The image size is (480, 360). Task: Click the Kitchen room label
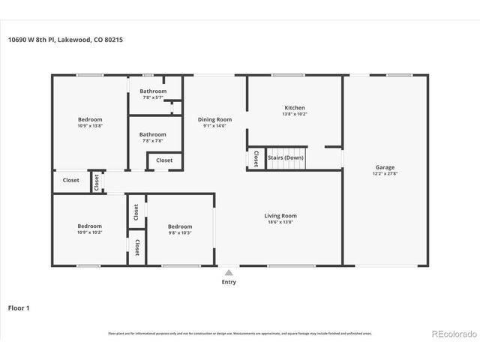(x=294, y=108)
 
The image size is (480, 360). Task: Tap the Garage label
(x=385, y=167)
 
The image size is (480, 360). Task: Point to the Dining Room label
(x=214, y=119)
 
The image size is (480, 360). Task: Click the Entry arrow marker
(x=229, y=271)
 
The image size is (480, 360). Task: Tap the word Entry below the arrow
(x=229, y=282)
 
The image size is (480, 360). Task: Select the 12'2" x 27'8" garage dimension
(x=385, y=174)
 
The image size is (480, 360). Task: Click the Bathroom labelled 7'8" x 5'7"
(x=153, y=91)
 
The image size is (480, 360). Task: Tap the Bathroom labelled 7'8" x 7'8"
(x=153, y=134)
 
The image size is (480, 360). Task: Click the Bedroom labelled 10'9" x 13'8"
(x=90, y=119)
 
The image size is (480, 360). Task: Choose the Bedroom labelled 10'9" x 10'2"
(x=90, y=226)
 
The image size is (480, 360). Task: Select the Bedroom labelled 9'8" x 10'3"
(x=180, y=226)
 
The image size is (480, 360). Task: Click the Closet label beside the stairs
(x=256, y=158)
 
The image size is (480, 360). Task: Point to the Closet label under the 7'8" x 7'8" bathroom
(x=164, y=160)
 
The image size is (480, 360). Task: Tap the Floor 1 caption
(x=19, y=307)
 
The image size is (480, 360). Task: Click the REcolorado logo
(x=451, y=334)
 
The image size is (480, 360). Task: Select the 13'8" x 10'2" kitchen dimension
(x=294, y=114)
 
